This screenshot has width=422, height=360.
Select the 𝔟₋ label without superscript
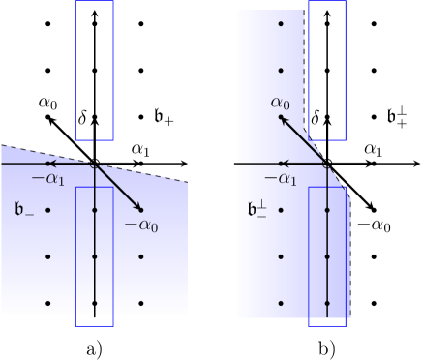click(24, 209)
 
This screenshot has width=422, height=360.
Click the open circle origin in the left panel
click(94, 164)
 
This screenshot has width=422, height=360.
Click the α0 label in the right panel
click(280, 103)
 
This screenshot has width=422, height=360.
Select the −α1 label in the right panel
click(281, 179)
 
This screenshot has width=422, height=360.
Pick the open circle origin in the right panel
click(327, 164)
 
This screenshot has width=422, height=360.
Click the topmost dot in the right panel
click(281, 23)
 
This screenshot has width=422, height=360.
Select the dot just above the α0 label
click(281, 71)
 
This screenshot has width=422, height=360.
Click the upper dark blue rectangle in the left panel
click(95, 70)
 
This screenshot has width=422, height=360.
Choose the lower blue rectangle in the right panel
click(327, 255)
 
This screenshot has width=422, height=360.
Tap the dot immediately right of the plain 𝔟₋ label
click(47, 210)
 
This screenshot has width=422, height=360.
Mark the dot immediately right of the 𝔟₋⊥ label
click(281, 210)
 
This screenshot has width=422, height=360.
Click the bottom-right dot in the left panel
click(141, 304)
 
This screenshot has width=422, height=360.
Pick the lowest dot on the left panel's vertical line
click(95, 304)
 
